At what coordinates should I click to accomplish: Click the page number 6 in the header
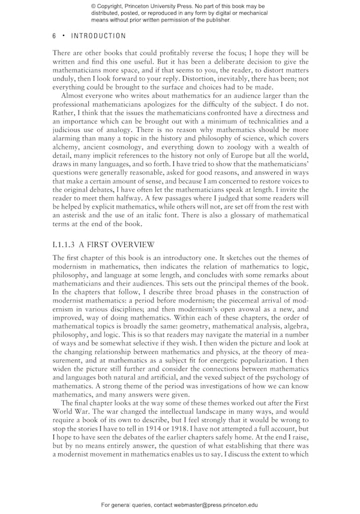[55, 36]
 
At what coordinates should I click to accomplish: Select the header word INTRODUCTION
[99, 36]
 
